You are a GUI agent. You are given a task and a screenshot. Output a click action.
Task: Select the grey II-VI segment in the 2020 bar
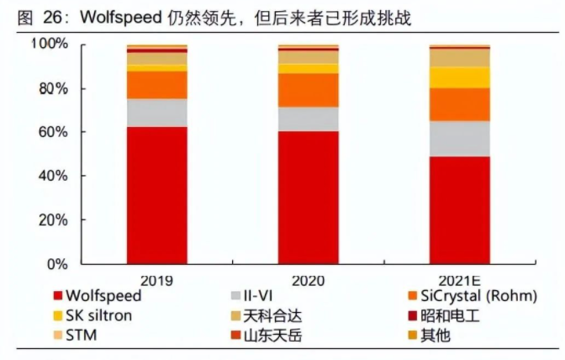click(x=308, y=119)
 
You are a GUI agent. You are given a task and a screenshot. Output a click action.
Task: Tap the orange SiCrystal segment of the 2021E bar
click(x=459, y=104)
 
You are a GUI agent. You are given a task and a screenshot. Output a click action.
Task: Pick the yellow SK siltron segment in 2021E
click(x=459, y=77)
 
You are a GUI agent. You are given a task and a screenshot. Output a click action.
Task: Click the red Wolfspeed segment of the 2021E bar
click(x=459, y=210)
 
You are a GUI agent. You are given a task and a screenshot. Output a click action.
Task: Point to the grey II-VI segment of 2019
click(x=156, y=113)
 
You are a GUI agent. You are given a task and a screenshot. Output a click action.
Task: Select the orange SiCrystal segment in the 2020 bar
click(x=308, y=90)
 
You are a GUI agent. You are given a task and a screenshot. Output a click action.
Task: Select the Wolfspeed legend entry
click(x=104, y=296)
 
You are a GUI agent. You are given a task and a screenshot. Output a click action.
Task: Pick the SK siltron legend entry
click(x=104, y=315)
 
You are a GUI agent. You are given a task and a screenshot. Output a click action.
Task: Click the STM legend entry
click(x=83, y=335)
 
